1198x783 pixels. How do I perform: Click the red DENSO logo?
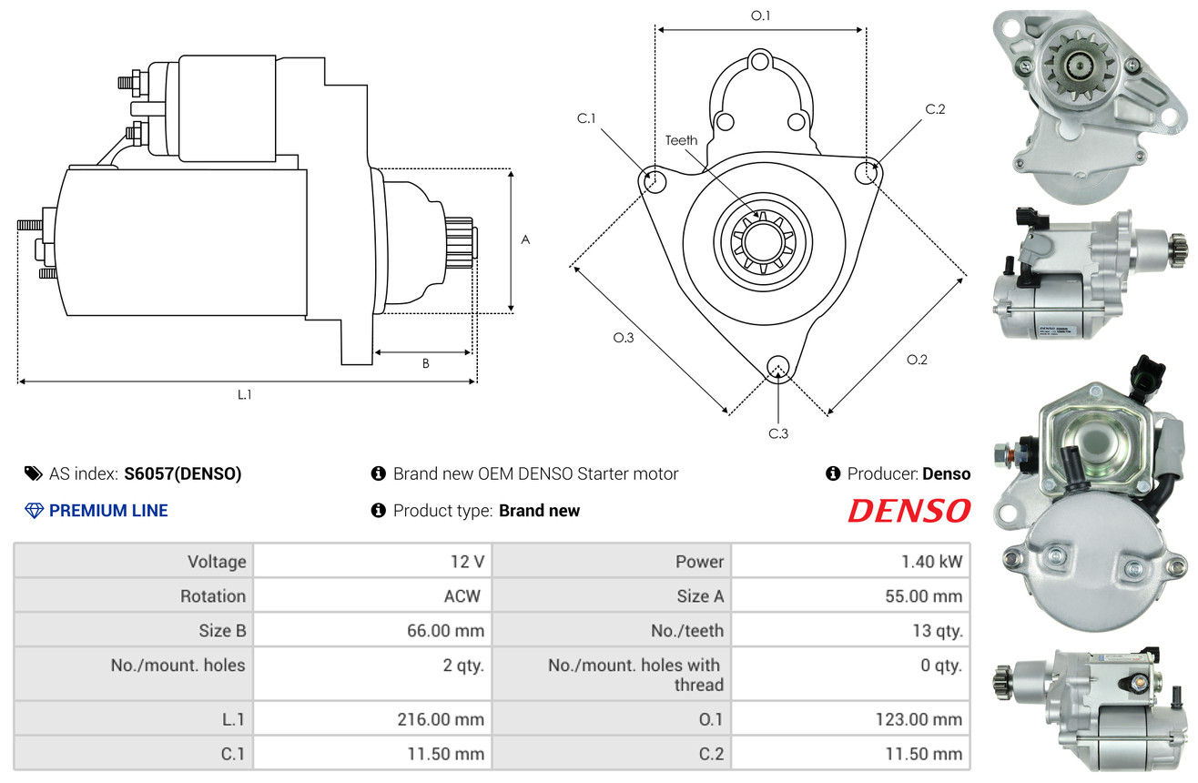(909, 510)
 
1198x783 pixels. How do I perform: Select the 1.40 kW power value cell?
(850, 561)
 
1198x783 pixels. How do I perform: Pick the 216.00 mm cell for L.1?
(372, 719)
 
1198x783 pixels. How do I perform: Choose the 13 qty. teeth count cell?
(850, 630)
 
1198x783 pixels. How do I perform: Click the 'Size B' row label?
(222, 631)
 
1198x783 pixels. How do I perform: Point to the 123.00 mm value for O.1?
(919, 719)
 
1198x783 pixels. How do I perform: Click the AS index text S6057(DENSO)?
(182, 473)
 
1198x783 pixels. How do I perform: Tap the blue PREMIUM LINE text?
(108, 511)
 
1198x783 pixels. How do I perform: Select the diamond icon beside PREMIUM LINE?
(35, 511)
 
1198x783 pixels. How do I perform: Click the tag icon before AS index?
(33, 473)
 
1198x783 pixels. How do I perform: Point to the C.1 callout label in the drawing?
(586, 118)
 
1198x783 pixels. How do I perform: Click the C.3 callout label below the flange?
(778, 433)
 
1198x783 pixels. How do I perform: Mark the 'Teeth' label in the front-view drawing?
(681, 140)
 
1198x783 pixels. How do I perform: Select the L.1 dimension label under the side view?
(244, 395)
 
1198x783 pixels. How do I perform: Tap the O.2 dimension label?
(917, 360)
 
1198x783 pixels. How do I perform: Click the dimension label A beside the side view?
(525, 239)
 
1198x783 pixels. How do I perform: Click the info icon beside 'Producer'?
(833, 473)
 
